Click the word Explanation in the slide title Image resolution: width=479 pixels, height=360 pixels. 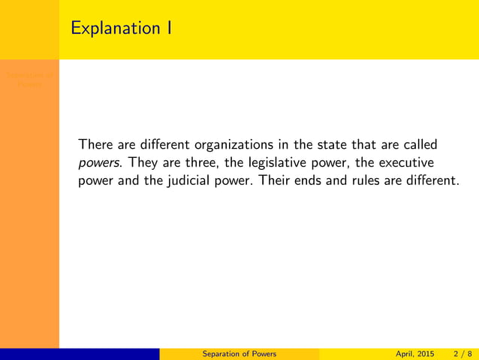coord(113,29)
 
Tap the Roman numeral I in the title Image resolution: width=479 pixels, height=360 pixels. coord(170,29)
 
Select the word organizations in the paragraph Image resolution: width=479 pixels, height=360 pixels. coord(233,144)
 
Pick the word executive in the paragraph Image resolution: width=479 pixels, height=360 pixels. coord(409,162)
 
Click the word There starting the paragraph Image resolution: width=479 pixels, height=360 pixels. coord(95,144)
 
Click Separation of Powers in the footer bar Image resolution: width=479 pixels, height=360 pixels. coord(239,354)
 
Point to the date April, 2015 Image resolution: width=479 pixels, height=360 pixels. coord(414,354)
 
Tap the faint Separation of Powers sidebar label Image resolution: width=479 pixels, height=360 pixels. coord(29,79)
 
